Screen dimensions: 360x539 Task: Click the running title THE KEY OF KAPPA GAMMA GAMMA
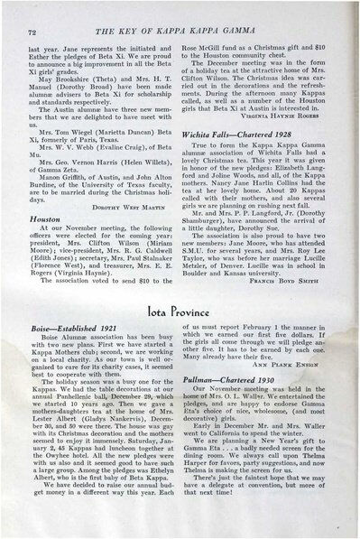[181, 32]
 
